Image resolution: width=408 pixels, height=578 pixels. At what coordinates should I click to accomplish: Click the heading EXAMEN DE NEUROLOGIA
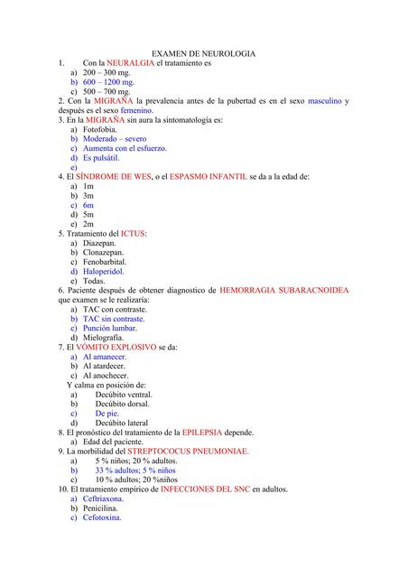tap(203, 54)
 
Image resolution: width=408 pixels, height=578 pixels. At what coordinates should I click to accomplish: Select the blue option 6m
tap(88, 205)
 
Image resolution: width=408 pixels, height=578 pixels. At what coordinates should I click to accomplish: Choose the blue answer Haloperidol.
tap(104, 271)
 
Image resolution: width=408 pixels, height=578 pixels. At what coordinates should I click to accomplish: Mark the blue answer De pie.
tap(107, 413)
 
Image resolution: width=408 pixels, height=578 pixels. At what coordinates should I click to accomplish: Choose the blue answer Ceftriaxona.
tap(104, 498)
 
